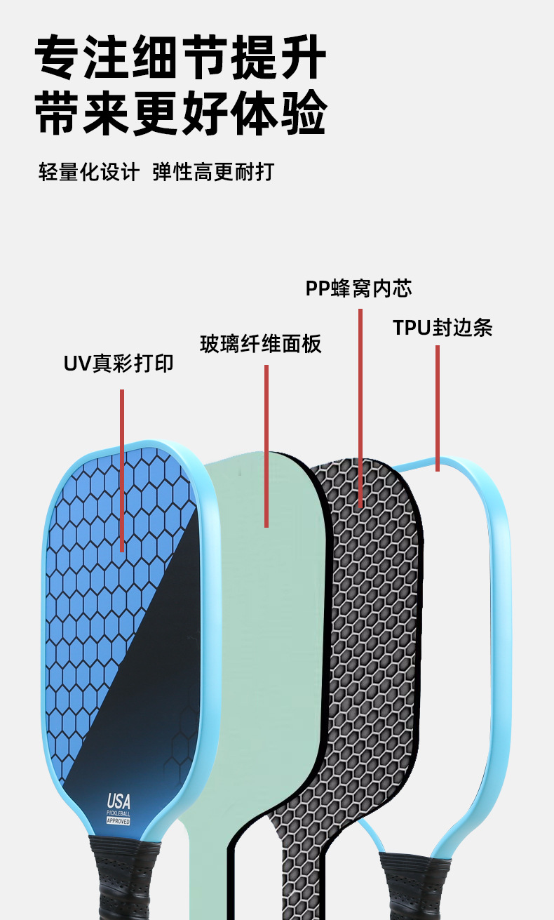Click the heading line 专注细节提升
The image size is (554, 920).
tap(181, 60)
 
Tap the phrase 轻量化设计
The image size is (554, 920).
tap(89, 172)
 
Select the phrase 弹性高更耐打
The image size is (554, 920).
tap(213, 172)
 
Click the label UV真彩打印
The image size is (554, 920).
tap(119, 364)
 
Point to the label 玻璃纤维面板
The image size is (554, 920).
tap(261, 344)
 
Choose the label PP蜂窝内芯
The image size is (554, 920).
tap(358, 288)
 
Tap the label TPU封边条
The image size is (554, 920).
tap(442, 328)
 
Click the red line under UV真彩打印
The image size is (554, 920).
tap(122, 470)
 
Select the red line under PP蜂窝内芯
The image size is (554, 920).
tap(360, 407)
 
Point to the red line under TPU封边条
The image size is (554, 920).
tap(438, 407)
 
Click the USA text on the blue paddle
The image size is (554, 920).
tap(119, 801)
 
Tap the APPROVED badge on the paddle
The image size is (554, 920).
tap(119, 821)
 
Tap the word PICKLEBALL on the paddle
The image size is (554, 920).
tap(119, 813)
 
